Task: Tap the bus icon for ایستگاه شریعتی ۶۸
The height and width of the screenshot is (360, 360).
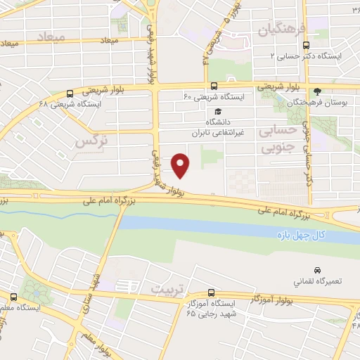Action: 70,93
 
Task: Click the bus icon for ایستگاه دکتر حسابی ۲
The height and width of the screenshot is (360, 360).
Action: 304,45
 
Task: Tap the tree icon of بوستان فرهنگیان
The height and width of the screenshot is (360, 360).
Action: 317,91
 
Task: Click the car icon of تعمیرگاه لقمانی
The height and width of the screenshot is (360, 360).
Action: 318,271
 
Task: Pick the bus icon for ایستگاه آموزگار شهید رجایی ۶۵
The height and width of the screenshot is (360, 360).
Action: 211,295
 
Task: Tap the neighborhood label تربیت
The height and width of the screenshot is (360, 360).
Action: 166,288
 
